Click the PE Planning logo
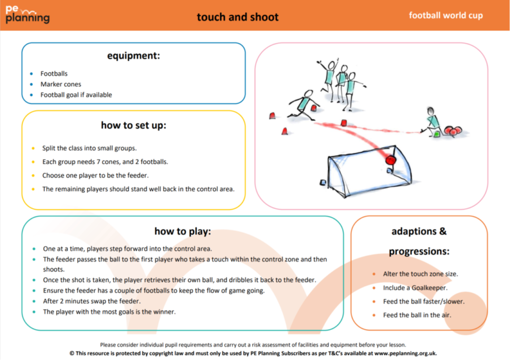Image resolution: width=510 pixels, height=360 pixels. (x=27, y=15)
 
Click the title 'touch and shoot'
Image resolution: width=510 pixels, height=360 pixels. (x=238, y=17)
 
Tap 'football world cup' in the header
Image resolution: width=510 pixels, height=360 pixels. (x=446, y=15)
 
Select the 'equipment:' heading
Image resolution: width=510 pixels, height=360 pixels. (x=133, y=56)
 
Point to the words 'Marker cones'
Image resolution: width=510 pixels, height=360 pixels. (x=61, y=84)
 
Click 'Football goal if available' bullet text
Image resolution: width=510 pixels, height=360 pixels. (x=76, y=95)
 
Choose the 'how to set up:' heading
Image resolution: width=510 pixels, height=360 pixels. (x=133, y=125)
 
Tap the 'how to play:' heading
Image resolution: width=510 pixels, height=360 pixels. (x=183, y=232)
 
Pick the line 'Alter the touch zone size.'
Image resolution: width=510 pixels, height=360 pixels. (x=420, y=274)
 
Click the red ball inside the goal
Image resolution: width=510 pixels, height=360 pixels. (x=391, y=160)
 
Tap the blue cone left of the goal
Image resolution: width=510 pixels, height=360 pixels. (x=323, y=182)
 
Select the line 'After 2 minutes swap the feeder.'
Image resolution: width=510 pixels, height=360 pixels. (x=92, y=301)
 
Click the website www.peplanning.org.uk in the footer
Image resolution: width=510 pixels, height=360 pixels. (x=405, y=353)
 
